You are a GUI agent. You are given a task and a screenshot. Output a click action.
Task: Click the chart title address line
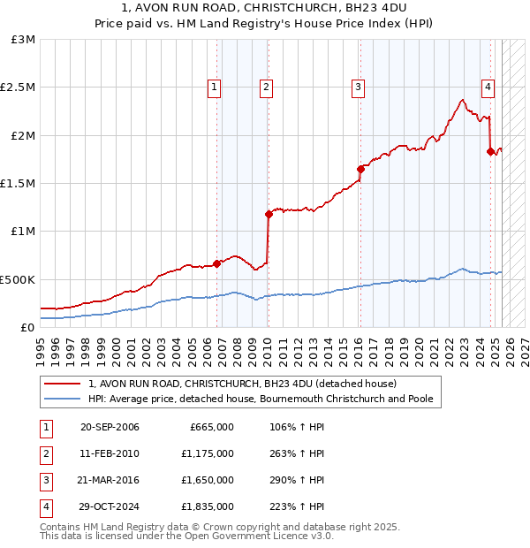tap(265, 10)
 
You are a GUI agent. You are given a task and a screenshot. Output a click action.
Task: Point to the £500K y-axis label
tap(18, 279)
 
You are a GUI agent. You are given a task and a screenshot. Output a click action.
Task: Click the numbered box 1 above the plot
tap(216, 87)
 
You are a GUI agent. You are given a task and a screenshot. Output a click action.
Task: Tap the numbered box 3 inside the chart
tap(358, 87)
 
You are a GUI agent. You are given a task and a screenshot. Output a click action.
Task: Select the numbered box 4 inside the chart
tap(488, 87)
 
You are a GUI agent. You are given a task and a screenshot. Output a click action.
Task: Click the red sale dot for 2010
tap(268, 214)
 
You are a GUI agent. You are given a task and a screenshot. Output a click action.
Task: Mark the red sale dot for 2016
tap(360, 169)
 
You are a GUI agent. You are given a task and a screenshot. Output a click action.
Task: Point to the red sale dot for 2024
tap(490, 151)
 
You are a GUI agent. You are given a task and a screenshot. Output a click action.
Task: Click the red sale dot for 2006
tap(216, 263)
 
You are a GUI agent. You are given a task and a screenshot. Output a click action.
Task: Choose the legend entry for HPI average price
tap(261, 399)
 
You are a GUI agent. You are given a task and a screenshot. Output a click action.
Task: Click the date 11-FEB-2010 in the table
tap(110, 453)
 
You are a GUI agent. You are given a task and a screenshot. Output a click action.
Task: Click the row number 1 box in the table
tap(43, 427)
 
